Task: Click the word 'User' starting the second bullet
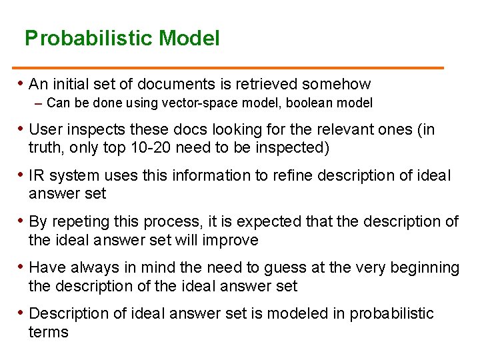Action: (x=45, y=129)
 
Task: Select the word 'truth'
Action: (x=47, y=147)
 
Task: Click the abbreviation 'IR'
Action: (x=37, y=175)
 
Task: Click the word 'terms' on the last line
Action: (x=48, y=331)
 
